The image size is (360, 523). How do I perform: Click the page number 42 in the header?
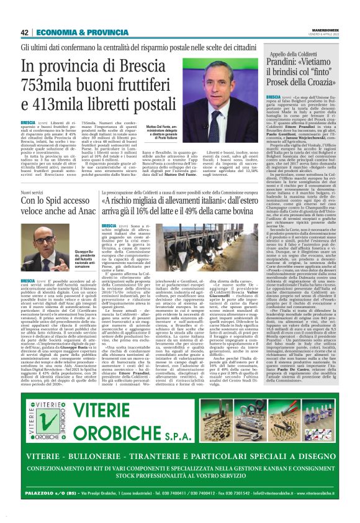pyautogui.click(x=25, y=32)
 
